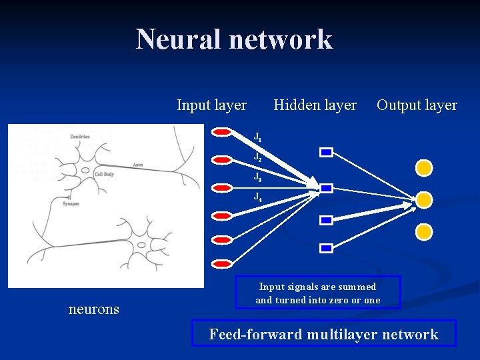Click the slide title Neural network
click(x=234, y=39)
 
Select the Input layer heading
click(x=211, y=105)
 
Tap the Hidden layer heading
click(x=315, y=105)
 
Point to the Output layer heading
click(x=417, y=105)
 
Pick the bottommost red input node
click(x=221, y=261)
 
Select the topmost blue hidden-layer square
click(x=326, y=153)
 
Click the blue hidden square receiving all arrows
click(x=326, y=189)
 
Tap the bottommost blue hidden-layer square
click(x=326, y=248)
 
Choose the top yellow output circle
click(x=424, y=168)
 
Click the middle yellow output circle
click(x=424, y=200)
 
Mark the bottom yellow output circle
click(x=424, y=232)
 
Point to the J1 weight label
click(x=257, y=138)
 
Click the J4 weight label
click(x=257, y=197)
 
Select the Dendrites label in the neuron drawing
click(x=80, y=137)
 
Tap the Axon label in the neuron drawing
click(x=138, y=164)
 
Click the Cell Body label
click(x=104, y=173)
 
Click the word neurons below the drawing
click(x=94, y=309)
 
